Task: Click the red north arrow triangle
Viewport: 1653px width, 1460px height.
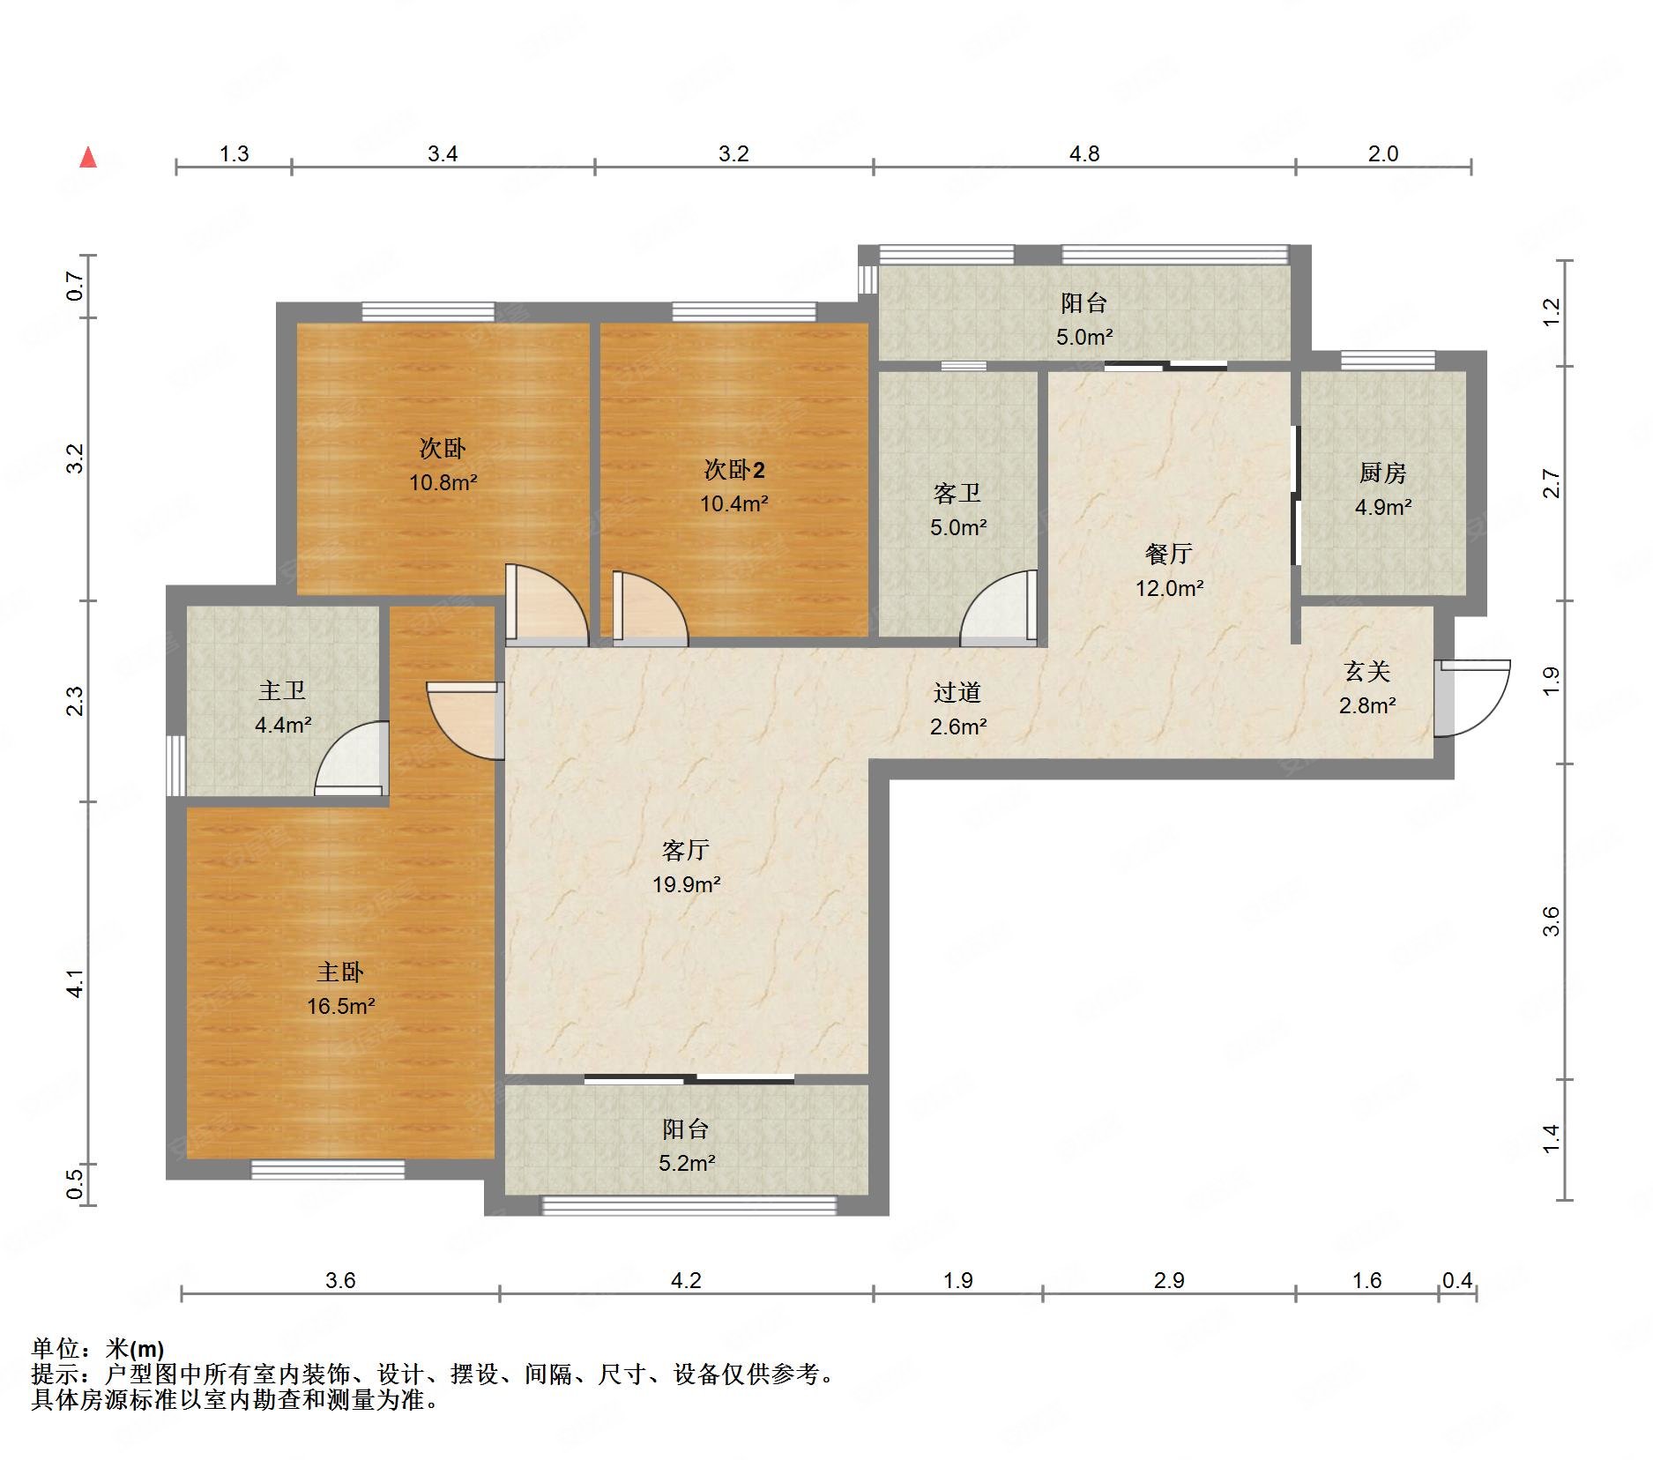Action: (88, 158)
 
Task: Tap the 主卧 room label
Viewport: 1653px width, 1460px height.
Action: (339, 972)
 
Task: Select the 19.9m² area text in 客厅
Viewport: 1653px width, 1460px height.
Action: (686, 884)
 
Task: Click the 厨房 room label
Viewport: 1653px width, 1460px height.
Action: (1381, 473)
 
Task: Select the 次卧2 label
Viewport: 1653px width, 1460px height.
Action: (733, 470)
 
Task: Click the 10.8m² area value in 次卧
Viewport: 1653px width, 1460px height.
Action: (443, 482)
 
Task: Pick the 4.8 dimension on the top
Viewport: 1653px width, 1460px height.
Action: (1084, 153)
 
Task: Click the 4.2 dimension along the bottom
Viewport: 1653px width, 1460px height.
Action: (686, 1280)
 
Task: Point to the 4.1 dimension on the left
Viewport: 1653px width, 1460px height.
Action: (76, 983)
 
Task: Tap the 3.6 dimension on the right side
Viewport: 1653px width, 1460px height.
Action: (1551, 921)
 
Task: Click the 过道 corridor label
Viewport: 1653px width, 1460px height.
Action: (957, 693)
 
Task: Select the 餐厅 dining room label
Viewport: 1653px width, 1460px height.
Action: (1168, 554)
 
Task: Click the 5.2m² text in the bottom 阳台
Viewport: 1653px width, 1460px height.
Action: (686, 1163)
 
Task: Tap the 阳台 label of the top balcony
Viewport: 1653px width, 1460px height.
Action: (1083, 303)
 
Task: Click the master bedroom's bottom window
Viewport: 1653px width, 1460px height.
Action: (328, 1169)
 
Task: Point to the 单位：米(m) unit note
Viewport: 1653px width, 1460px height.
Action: (97, 1349)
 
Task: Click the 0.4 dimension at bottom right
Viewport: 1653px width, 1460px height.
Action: (1456, 1280)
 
